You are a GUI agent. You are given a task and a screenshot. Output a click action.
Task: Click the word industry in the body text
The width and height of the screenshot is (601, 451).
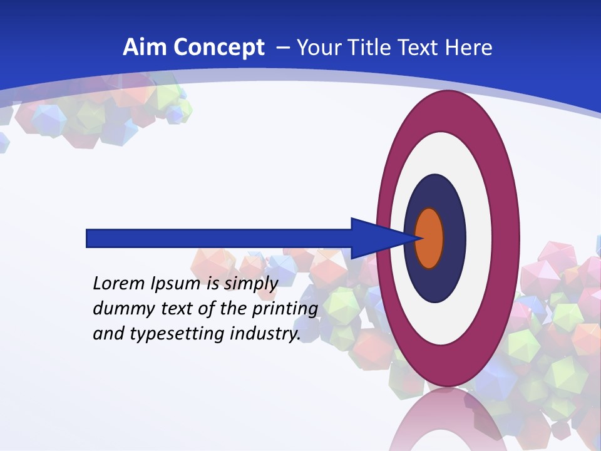coord(265,334)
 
